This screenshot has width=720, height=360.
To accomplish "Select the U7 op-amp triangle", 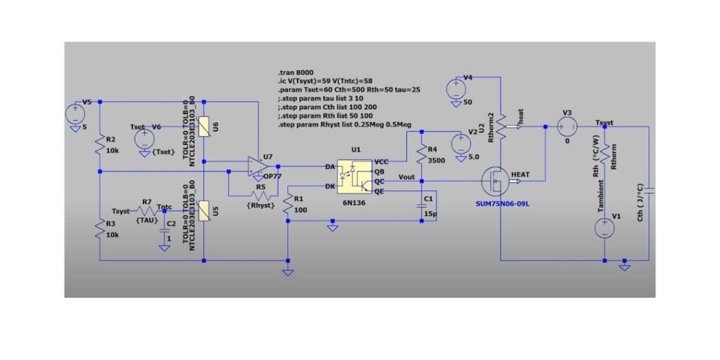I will [x=256, y=166].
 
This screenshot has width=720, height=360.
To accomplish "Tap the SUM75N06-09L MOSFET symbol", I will [x=494, y=182].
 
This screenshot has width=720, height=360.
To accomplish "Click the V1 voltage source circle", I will [x=604, y=227].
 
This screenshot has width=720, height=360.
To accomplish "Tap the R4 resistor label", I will [x=433, y=149].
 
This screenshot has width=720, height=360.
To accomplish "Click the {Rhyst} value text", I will [x=260, y=206].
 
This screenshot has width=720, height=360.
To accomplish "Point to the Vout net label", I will [x=407, y=177].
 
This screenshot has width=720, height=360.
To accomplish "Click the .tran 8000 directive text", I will [x=296, y=73].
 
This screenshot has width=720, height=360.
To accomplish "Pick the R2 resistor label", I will [x=111, y=139].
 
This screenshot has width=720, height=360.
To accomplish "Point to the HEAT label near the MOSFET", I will [x=520, y=174].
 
